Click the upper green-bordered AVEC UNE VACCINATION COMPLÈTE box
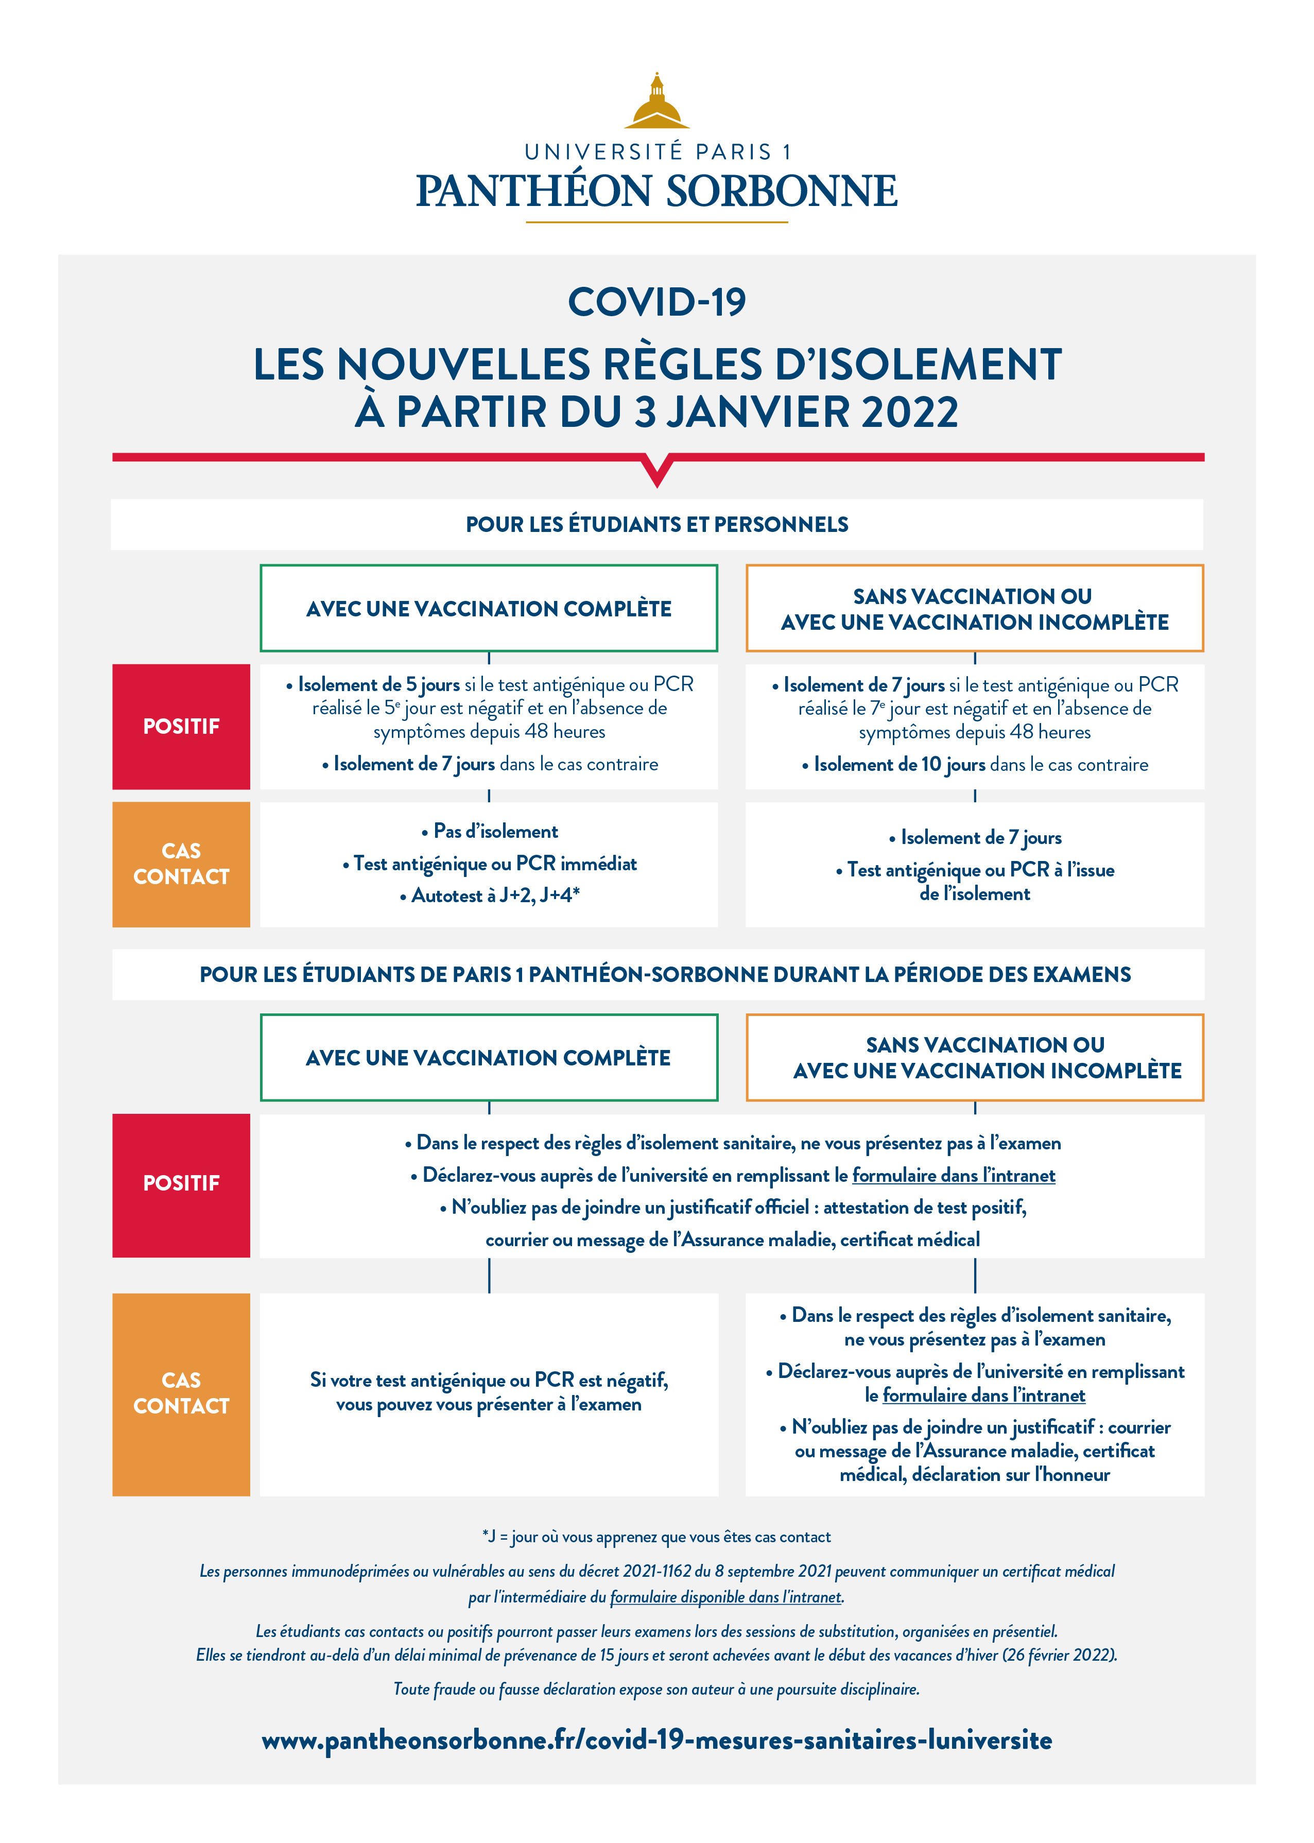pos(489,608)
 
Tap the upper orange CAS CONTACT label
pos(181,864)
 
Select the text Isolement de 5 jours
pos(378,684)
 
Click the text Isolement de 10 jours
pos(899,765)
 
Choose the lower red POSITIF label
pos(181,1184)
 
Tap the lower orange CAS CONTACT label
pos(181,1393)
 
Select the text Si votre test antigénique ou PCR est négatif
pos(489,1380)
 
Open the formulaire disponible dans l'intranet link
pos(726,1597)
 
